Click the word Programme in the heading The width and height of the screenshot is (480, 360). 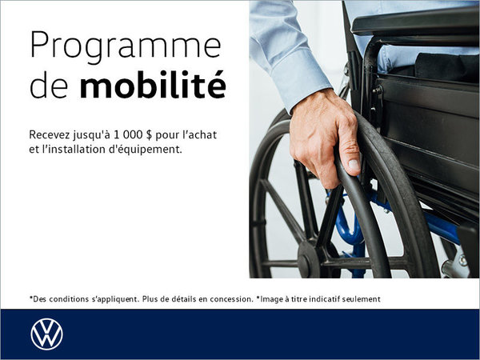(126, 47)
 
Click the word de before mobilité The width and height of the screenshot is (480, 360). (47, 86)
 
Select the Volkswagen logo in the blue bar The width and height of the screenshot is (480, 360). (46, 334)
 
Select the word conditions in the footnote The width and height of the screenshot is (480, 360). (71, 299)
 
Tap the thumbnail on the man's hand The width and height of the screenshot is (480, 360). (354, 165)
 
